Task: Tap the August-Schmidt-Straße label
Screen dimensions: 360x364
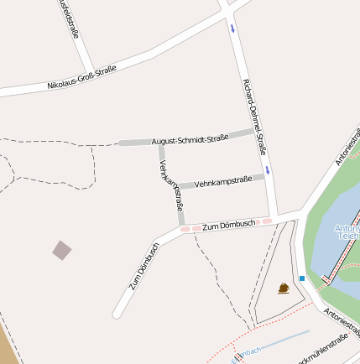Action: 190,139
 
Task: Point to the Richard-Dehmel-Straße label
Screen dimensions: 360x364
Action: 253,117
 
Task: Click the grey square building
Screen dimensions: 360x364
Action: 62,249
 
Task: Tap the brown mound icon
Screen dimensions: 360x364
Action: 284,289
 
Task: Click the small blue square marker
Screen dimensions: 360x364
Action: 302,278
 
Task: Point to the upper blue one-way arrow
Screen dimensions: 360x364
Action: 232,29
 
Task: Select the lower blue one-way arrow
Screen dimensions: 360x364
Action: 268,170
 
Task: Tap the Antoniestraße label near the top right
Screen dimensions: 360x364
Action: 347,145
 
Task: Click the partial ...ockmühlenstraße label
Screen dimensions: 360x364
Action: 323,349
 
